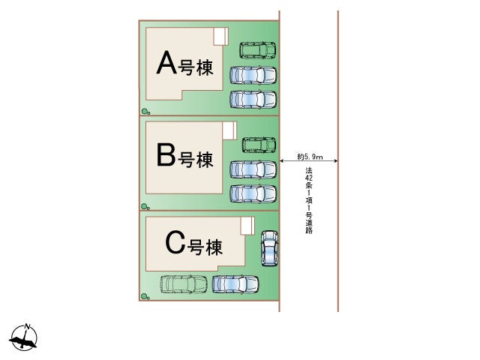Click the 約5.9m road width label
click(310, 157)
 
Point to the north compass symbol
click(23, 338)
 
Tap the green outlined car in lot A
click(257, 51)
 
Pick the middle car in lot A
click(253, 75)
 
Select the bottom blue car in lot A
click(253, 98)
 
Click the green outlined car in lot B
click(259, 145)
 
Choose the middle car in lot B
click(253, 169)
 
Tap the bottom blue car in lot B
click(253, 193)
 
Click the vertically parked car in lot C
click(268, 248)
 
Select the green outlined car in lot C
click(184, 284)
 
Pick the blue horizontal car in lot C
click(235, 284)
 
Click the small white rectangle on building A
click(220, 36)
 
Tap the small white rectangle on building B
click(229, 130)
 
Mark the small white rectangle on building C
click(247, 225)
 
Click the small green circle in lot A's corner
click(145, 112)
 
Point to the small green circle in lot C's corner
click(145, 297)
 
